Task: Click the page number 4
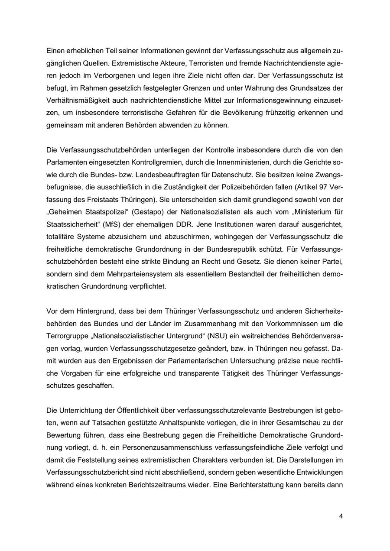pyautogui.click(x=341, y=516)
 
